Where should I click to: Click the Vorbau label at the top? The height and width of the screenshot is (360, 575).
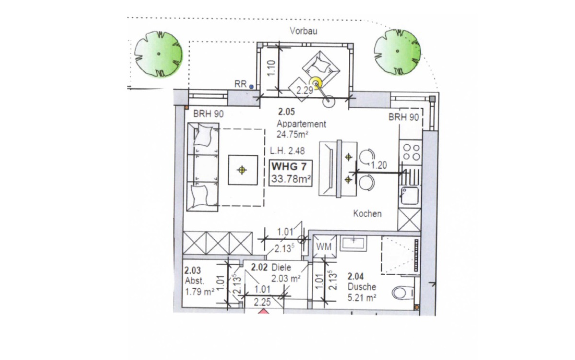tap(303, 31)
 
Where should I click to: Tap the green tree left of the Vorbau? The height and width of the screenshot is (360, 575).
tap(159, 54)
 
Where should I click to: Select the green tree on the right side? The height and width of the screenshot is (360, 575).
tap(397, 51)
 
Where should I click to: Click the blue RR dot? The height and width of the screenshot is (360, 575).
tap(251, 87)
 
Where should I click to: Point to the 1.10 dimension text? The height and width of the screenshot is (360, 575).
tap(271, 68)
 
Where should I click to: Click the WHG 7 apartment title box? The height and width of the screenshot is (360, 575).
tap(290, 173)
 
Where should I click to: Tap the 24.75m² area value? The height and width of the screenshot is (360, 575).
tap(292, 134)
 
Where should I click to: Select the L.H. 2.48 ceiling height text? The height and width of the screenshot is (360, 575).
tap(287, 151)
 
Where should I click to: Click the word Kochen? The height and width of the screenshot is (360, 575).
tap(368, 214)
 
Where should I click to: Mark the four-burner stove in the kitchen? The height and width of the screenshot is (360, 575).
tap(411, 152)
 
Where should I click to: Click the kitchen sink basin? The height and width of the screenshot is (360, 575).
tap(410, 196)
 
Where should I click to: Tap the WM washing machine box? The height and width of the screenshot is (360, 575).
tap(324, 246)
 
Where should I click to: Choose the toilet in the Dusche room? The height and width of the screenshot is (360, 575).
tap(403, 293)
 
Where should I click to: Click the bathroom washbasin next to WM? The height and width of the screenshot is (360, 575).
tap(354, 243)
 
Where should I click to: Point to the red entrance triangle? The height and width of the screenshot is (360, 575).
tap(263, 312)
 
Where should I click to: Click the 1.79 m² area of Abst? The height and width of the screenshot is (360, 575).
tap(200, 292)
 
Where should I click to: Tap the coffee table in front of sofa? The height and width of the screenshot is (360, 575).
tap(243, 170)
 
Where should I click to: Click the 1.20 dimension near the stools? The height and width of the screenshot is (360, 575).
tap(379, 165)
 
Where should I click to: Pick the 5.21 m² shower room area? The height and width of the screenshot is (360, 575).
tap(362, 298)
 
